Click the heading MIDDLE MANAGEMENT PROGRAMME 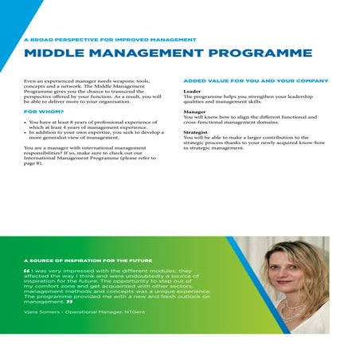[167, 54]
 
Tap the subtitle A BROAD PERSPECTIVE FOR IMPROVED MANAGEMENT [110, 38]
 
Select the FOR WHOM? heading [45, 113]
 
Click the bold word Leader [192, 92]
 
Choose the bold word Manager [195, 112]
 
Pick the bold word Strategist [198, 133]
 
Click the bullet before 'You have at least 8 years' [27, 122]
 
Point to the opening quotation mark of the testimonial [28, 270]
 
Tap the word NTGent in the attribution [135, 312]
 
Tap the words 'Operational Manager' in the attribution [96, 312]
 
